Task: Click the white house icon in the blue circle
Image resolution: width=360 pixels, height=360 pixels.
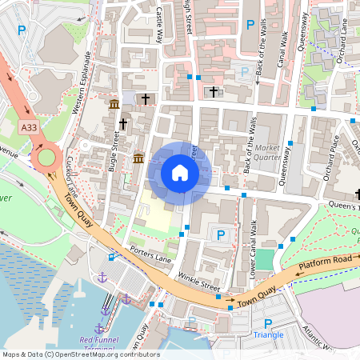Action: (x=180, y=173)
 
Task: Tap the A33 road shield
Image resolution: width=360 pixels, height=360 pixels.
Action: (x=30, y=127)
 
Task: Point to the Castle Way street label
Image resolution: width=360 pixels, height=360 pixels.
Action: (x=159, y=24)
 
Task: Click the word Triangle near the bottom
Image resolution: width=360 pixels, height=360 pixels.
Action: (x=268, y=335)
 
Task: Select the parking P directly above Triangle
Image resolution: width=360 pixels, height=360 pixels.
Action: (x=268, y=323)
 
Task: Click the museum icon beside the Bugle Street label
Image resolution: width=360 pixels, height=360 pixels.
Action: (x=114, y=105)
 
